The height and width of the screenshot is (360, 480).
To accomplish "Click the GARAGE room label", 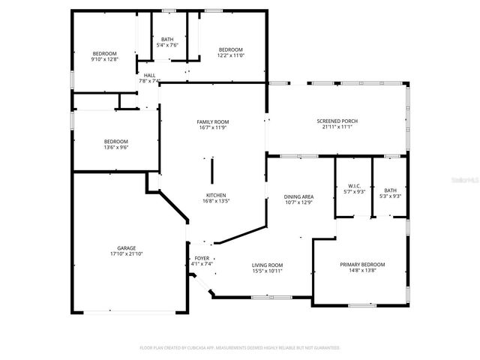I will [126, 248].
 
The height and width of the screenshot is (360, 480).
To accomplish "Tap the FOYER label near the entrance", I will [202, 258].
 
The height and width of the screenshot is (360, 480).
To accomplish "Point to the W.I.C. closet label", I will [354, 187].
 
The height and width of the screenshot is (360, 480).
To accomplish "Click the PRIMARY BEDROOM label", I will [362, 265].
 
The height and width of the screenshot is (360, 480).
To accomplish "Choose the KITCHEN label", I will [215, 196].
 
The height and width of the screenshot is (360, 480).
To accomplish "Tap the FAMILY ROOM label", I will [213, 121].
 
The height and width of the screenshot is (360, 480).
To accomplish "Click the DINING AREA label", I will [298, 196].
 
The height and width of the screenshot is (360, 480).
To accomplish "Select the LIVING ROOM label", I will [266, 265].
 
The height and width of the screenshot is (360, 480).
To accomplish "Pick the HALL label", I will [149, 75].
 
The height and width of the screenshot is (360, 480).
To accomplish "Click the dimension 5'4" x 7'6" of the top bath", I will [166, 46].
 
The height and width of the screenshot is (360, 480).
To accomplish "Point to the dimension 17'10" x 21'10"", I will [126, 254].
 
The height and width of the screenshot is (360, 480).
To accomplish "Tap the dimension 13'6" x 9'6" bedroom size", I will [115, 148].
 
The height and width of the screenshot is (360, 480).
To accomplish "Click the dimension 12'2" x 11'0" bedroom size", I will [230, 55].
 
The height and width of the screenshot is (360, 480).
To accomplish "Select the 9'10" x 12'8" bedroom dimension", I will [105, 59].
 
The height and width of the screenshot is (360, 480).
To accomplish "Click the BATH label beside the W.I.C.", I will [390, 190].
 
